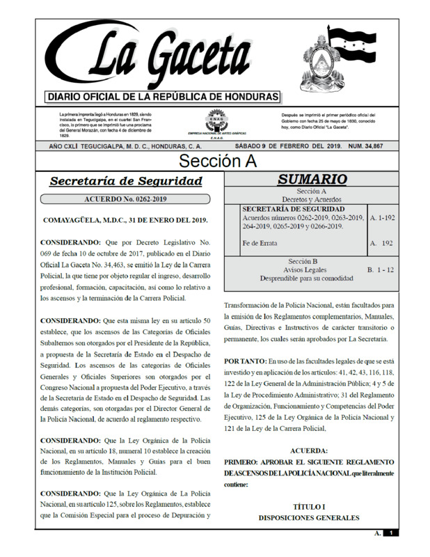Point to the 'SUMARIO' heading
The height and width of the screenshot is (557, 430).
(312, 180)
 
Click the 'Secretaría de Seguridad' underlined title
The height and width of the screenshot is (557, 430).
(126, 182)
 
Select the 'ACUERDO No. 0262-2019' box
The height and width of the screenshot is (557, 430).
(126, 200)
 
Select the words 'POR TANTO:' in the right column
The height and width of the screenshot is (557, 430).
(247, 362)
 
